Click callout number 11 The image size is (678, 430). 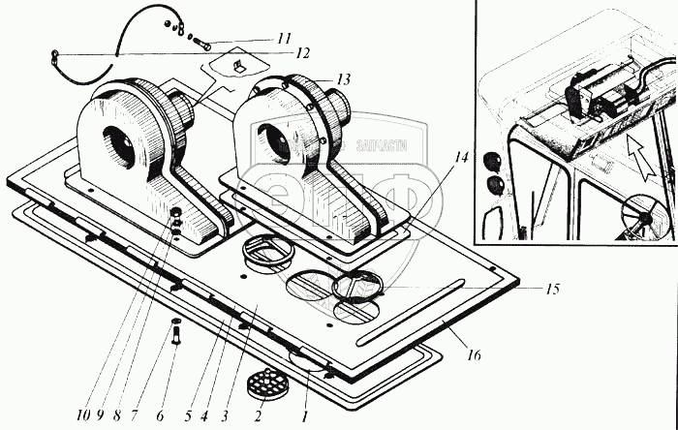(x=283, y=39)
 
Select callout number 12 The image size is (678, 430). (x=302, y=52)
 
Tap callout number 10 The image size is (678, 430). (x=86, y=415)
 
